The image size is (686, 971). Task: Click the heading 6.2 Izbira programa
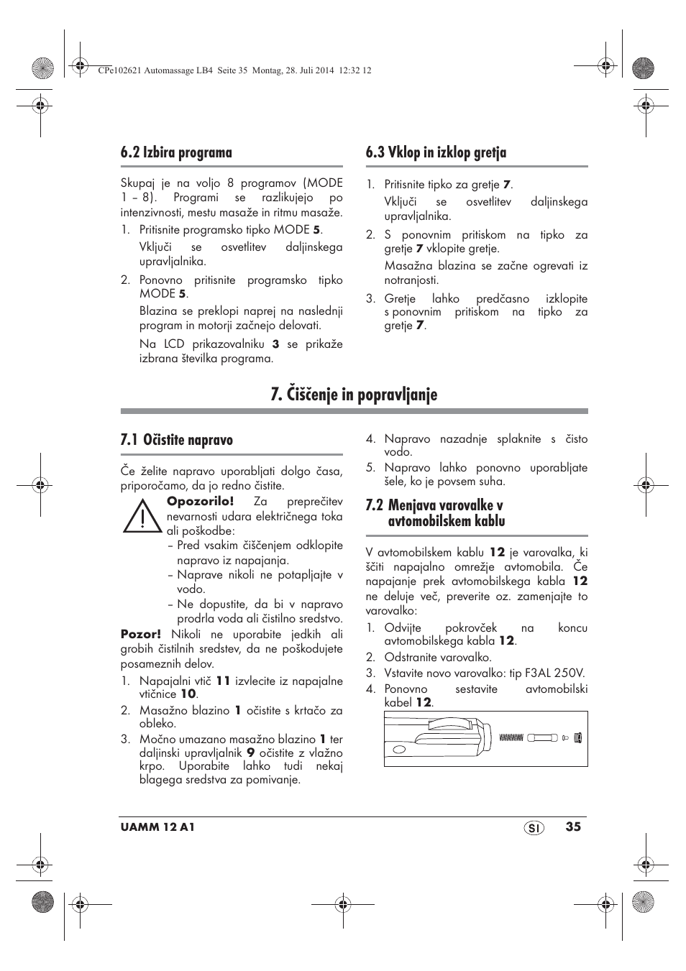click(176, 152)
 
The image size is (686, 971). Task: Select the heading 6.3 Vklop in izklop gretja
click(435, 152)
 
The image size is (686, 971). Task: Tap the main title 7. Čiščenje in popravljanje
click(354, 395)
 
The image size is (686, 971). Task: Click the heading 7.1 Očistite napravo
click(176, 440)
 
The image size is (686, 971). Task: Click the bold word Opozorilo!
click(200, 502)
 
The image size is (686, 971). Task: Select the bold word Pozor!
click(140, 634)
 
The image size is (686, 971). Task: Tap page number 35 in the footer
click(572, 827)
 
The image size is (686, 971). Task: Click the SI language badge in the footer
click(534, 828)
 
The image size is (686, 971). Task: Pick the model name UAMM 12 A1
click(157, 827)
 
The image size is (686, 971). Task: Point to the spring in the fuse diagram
click(511, 737)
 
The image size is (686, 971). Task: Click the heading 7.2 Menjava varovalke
click(434, 513)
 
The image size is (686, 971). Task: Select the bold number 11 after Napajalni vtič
click(223, 681)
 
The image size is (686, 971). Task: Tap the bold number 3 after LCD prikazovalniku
click(275, 344)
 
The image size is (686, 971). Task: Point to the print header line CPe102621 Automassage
click(233, 70)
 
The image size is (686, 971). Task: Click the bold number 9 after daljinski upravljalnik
click(251, 753)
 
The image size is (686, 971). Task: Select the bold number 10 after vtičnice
click(188, 694)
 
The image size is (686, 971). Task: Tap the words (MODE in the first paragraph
click(323, 183)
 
